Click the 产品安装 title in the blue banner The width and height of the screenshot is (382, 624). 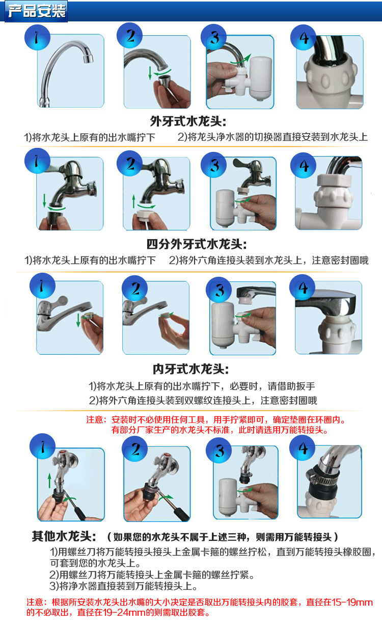pos(37,11)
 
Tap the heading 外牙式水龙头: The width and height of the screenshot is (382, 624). pos(188,121)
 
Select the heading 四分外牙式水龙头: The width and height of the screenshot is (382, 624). pos(197,244)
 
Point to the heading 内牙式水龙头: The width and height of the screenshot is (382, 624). pos(190,369)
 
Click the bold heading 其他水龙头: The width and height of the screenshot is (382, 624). pos(64,536)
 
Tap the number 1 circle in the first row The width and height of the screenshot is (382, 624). pos(37,37)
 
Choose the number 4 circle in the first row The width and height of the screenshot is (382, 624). pos(303,37)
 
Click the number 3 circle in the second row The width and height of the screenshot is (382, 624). pos(214,165)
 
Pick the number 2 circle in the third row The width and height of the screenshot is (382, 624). pos(135,288)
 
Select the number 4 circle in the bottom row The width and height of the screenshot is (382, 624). pos(303,448)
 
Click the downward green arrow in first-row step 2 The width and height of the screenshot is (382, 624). pos(150,73)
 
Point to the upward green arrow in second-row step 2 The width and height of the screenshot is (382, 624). pos(134,201)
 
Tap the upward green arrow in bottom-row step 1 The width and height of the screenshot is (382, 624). pos(49,480)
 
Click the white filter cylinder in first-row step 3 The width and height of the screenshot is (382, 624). pos(261,78)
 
